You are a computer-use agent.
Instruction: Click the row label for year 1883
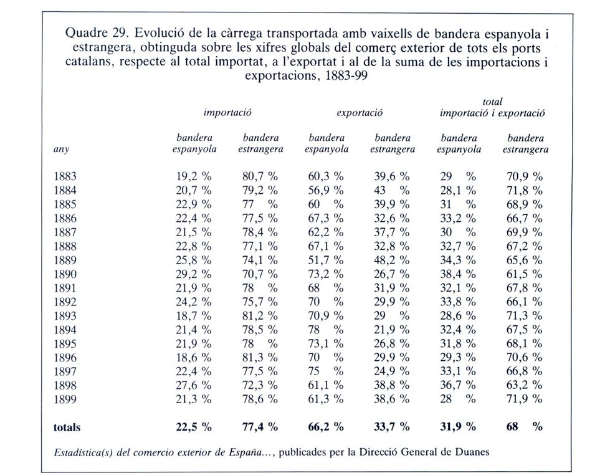pyautogui.click(x=65, y=176)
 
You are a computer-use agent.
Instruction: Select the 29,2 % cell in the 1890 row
pyautogui.click(x=194, y=274)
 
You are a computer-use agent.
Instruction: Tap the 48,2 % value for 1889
pyautogui.click(x=392, y=260)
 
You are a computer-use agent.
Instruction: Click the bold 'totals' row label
pyautogui.click(x=67, y=428)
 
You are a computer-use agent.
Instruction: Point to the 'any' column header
pyautogui.click(x=61, y=150)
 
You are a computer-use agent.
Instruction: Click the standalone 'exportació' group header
pyautogui.click(x=360, y=113)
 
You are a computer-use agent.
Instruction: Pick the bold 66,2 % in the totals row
pyautogui.click(x=326, y=427)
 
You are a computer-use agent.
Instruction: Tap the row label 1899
pyautogui.click(x=65, y=399)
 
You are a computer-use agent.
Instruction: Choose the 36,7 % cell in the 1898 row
pyautogui.click(x=458, y=386)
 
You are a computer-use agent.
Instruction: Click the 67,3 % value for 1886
pyautogui.click(x=326, y=218)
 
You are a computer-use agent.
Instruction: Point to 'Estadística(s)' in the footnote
pyautogui.click(x=83, y=453)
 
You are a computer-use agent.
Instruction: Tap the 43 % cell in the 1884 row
pyautogui.click(x=392, y=191)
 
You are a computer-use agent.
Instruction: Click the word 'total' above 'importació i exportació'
pyautogui.click(x=492, y=102)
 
